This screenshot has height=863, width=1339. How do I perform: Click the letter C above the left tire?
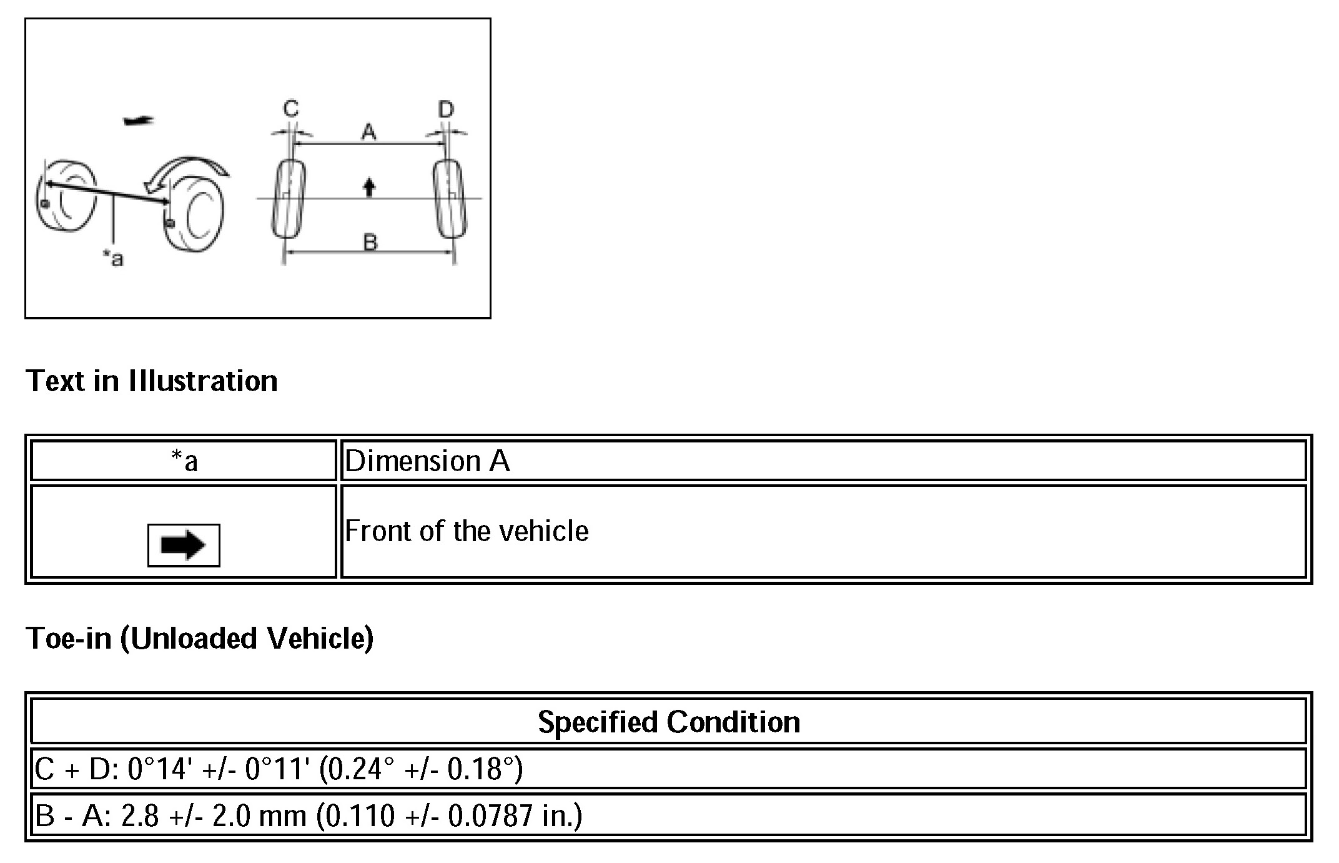point(291,109)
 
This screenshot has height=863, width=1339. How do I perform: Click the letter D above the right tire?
point(445,110)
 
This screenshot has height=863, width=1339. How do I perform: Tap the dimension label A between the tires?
point(369,132)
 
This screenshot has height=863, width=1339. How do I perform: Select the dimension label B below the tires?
point(370,241)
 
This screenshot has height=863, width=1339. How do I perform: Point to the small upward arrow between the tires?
point(370,186)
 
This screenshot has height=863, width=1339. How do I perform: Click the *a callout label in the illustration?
point(114,257)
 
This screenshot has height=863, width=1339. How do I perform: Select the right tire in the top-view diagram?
point(449,199)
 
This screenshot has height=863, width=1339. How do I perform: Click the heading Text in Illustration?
point(152,381)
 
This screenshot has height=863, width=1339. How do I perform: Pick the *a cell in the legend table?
point(184,461)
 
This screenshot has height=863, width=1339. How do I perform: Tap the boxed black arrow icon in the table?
point(184,545)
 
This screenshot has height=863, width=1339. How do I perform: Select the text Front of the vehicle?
point(467,531)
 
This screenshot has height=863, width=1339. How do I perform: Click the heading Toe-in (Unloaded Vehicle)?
point(199,638)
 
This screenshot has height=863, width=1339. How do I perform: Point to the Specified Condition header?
point(669,722)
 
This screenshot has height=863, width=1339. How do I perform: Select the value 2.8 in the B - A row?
point(140,816)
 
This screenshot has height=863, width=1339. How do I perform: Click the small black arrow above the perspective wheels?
point(138,120)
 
